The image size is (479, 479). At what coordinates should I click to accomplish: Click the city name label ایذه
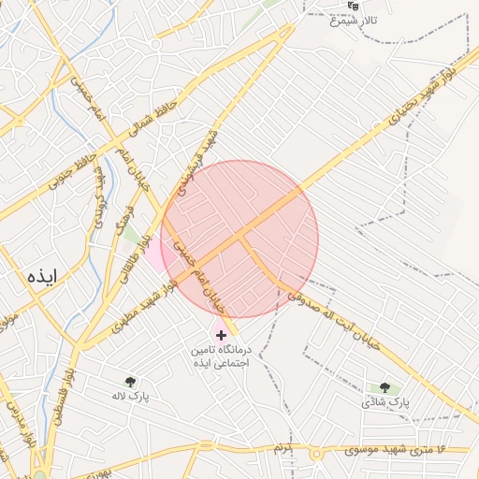43,276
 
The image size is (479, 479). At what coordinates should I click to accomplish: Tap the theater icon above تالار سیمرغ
353,6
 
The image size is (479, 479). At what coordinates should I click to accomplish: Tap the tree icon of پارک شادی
385,387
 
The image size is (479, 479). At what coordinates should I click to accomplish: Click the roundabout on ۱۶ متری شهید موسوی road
316,454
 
